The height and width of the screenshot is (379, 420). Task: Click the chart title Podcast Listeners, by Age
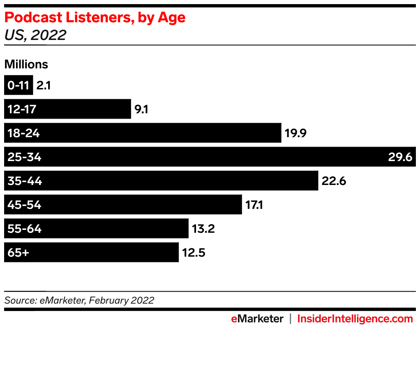(x=95, y=18)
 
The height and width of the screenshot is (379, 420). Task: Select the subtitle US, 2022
(x=35, y=35)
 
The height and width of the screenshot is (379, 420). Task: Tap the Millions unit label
(x=26, y=64)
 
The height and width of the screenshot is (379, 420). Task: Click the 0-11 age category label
(x=18, y=86)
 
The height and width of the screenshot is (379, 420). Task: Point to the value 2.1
(x=43, y=86)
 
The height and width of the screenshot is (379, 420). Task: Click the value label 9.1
(x=142, y=109)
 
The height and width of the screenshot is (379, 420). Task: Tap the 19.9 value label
(x=296, y=133)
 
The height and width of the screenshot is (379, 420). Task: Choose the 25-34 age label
(x=24, y=157)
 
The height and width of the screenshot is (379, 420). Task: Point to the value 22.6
(x=334, y=181)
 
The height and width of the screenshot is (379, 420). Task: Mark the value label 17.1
(x=254, y=205)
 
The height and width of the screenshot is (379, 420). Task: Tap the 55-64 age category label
(x=24, y=229)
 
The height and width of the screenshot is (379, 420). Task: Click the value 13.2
(x=203, y=229)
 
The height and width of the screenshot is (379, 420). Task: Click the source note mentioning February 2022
(x=79, y=300)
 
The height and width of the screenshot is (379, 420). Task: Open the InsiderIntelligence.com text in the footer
(x=355, y=318)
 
